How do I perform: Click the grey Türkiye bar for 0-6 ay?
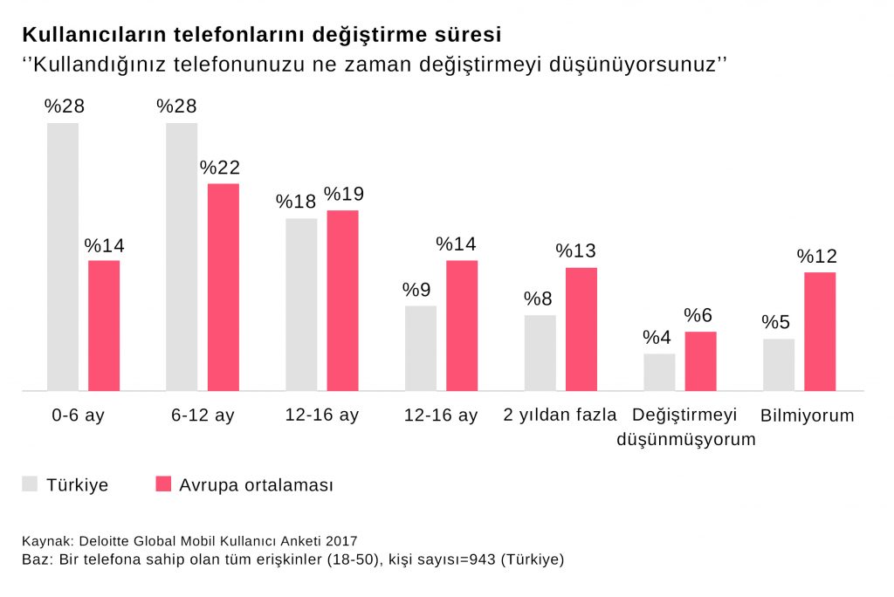[x=63, y=257]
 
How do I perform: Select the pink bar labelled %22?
[x=223, y=287]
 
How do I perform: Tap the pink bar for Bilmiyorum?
[x=820, y=332]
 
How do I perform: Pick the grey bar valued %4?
[x=659, y=372]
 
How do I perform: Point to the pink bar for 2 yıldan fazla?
[x=581, y=329]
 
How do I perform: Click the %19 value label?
[x=343, y=194]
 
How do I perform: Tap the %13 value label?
[x=576, y=251]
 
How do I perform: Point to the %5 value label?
[x=776, y=323]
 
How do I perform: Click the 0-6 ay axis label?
[x=78, y=415]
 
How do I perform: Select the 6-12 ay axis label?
[x=203, y=415]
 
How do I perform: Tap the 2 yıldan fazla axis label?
[x=560, y=415]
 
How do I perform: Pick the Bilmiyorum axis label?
[x=808, y=415]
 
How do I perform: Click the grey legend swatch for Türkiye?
[x=31, y=484]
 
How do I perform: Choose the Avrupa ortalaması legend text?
[x=257, y=485]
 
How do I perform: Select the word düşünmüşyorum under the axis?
[x=686, y=440]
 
